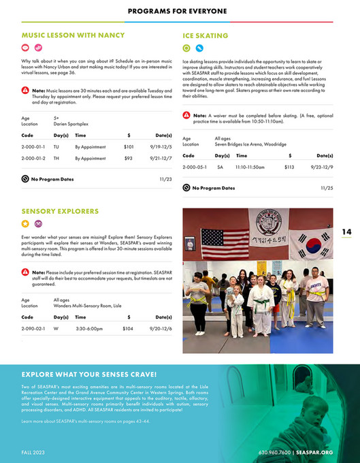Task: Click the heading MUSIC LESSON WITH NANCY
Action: pyautogui.click(x=73, y=35)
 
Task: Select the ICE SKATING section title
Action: pyautogui.click(x=205, y=35)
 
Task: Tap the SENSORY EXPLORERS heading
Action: pyautogui.click(x=60, y=212)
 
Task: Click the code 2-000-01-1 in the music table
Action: pyautogui.click(x=33, y=146)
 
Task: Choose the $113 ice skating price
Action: pyautogui.click(x=289, y=167)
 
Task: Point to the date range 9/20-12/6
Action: pyautogui.click(x=161, y=329)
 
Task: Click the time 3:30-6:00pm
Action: pyautogui.click(x=90, y=329)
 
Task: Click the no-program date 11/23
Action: pyautogui.click(x=165, y=180)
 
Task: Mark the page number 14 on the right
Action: pyautogui.click(x=346, y=232)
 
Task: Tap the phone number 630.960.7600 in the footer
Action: pyautogui.click(x=275, y=452)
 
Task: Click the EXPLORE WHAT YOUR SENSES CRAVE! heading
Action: pyautogui.click(x=89, y=374)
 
